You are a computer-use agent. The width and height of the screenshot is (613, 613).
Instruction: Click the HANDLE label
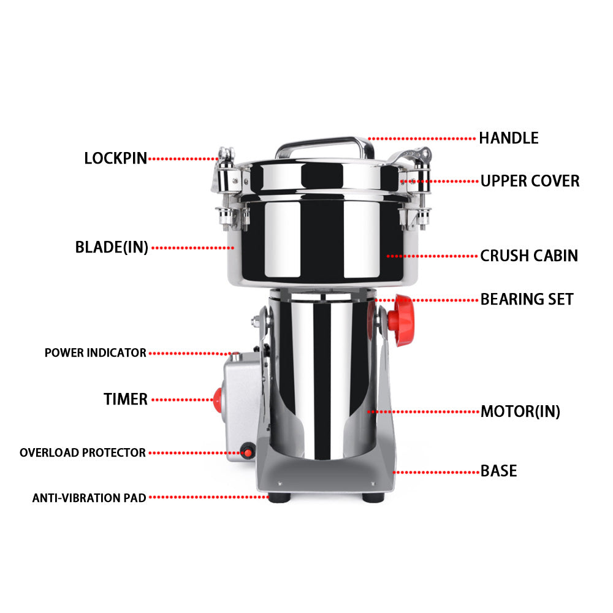coord(508,138)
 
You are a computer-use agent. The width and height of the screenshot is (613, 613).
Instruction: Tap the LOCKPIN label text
coord(115,158)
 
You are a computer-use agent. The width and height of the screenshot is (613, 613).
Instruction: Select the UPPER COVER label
coord(530,181)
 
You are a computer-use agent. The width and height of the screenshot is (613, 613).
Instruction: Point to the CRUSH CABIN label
coord(528,255)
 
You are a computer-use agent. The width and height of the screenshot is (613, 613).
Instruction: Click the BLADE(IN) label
coord(112,248)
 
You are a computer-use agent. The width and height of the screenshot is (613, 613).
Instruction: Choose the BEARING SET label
coord(527,299)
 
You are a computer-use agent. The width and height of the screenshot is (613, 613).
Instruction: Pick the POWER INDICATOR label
coord(95,353)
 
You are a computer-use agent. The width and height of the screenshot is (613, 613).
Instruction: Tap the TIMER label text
coord(125,400)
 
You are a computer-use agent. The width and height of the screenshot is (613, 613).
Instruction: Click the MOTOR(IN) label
coord(520,411)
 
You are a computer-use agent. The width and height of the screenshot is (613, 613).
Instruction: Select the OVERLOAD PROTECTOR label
coord(83,453)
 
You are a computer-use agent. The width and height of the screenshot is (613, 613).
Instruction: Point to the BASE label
coord(498,471)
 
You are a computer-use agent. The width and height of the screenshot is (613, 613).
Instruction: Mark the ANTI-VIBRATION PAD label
coord(89,498)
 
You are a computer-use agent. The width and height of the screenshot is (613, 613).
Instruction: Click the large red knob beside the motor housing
coord(404,319)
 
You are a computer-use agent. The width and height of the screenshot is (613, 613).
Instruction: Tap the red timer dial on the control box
coord(217,400)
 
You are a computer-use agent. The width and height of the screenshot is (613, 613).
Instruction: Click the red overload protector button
coord(248,453)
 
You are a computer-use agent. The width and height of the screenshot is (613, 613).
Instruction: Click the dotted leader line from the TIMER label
coord(181,400)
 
